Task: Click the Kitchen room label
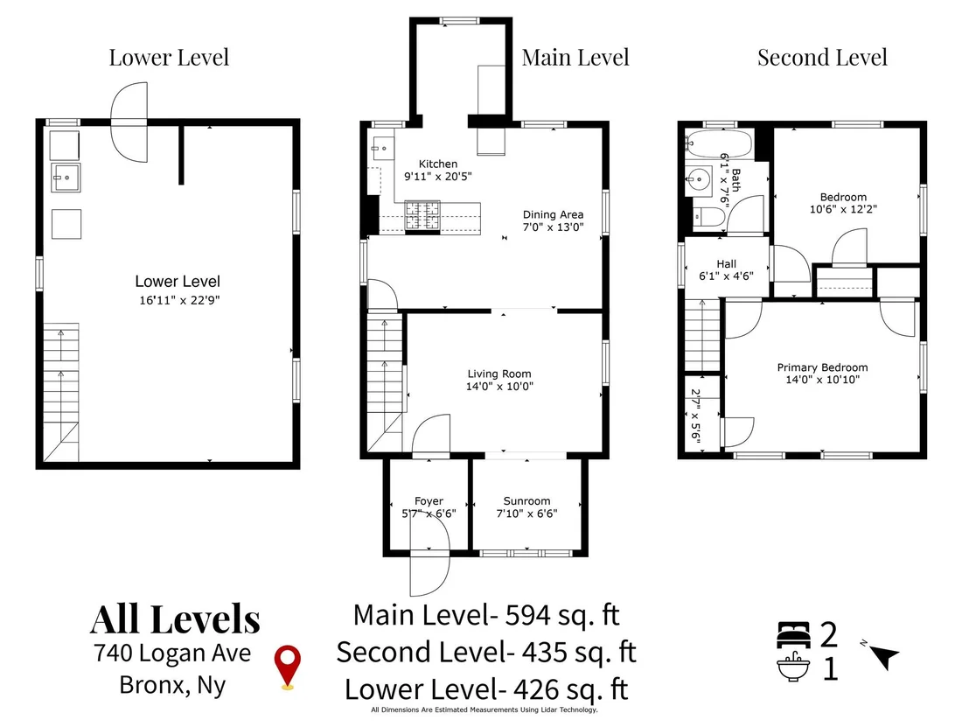[438, 164]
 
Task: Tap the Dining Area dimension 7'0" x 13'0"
[553, 227]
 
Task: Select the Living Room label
[499, 374]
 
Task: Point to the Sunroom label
[526, 500]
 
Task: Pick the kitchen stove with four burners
[422, 216]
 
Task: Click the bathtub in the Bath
[720, 144]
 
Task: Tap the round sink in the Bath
[698, 180]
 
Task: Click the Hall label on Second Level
[726, 264]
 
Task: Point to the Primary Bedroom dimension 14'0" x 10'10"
[823, 380]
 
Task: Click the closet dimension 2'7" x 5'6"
[696, 416]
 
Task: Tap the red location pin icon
[288, 667]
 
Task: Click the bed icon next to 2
[793, 634]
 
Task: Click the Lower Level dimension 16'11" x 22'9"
[180, 300]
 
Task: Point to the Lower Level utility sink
[66, 178]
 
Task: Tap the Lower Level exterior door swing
[129, 122]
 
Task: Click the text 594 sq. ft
[562, 615]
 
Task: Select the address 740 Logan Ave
[172, 653]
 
